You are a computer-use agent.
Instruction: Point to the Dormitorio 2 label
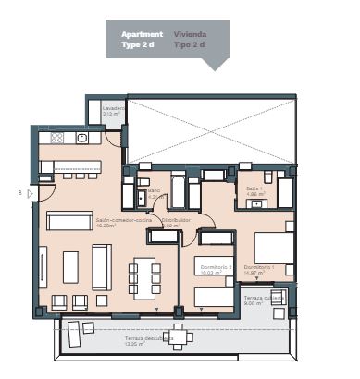pyautogui.click(x=213, y=269)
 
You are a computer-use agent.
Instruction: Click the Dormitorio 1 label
pyautogui.click(x=258, y=268)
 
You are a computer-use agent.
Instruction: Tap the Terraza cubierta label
pyautogui.click(x=263, y=300)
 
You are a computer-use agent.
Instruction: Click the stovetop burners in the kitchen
pyautogui.click(x=57, y=139)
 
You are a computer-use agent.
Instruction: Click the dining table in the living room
pyautogui.click(x=146, y=275)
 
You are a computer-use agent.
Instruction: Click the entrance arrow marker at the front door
pyautogui.click(x=30, y=193)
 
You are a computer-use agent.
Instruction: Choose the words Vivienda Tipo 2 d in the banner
pyautogui.click(x=190, y=39)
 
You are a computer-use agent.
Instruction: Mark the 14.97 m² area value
pyautogui.click(x=258, y=275)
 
